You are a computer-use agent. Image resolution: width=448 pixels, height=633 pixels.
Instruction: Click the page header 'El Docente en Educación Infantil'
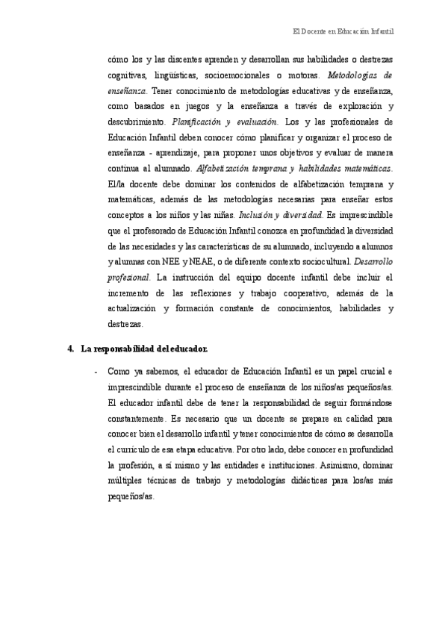343,32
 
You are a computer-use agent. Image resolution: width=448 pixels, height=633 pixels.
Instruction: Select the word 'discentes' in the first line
177,59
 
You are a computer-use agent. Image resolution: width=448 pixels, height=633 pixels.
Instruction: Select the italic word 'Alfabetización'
220,170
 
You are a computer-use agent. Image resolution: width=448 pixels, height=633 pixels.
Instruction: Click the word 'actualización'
135,312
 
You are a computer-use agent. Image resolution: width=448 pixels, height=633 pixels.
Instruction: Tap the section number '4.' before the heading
71,349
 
